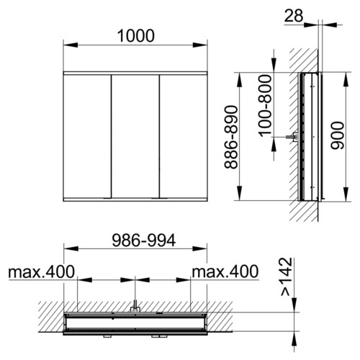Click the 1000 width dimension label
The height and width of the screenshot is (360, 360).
click(136, 36)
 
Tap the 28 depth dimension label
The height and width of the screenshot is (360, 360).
click(294, 16)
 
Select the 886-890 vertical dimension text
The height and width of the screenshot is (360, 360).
click(231, 137)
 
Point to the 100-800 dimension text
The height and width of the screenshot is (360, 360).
click(265, 105)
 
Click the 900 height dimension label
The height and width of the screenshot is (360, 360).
click(337, 135)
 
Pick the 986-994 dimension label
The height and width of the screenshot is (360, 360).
click(144, 240)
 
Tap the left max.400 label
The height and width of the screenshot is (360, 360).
click(42, 272)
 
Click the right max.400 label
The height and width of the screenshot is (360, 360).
click(225, 271)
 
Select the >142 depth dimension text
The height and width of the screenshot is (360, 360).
click(287, 276)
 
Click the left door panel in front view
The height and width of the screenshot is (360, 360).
click(87, 136)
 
